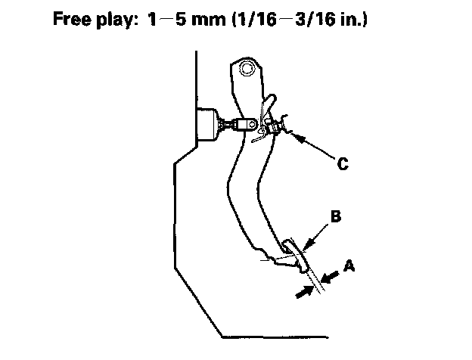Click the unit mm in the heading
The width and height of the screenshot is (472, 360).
(225, 18)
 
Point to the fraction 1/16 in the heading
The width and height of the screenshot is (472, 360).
(271, 18)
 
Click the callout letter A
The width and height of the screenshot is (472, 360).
(349, 265)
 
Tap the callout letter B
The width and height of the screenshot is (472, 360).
(336, 216)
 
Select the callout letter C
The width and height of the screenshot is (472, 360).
(343, 162)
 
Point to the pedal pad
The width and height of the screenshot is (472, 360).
(297, 256)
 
